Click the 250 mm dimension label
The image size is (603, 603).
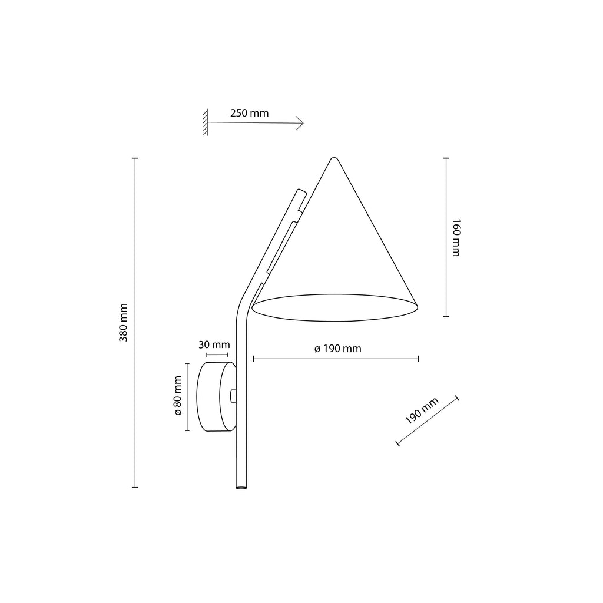click(249, 113)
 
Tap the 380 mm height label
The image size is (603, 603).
click(124, 323)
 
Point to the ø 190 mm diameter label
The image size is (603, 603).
click(337, 349)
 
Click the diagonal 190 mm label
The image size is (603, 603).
click(422, 411)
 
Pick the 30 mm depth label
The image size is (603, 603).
click(214, 344)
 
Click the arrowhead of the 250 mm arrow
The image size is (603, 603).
click(300, 122)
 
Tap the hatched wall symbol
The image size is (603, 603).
click(206, 123)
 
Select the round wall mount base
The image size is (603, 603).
click(216, 397)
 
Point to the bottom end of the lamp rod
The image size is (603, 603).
click(240, 486)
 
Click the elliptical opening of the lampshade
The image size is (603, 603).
click(334, 307)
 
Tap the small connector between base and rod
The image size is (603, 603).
click(234, 395)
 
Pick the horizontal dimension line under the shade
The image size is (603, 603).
click(335, 358)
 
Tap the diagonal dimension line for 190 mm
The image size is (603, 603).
click(428, 421)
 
